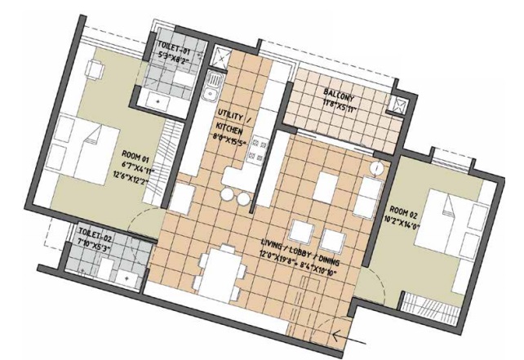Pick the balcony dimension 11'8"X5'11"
point(338,104)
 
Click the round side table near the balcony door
point(375,167)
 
